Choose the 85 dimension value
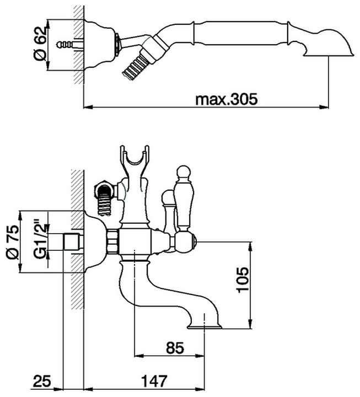(174, 348)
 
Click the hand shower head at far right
(325, 41)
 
